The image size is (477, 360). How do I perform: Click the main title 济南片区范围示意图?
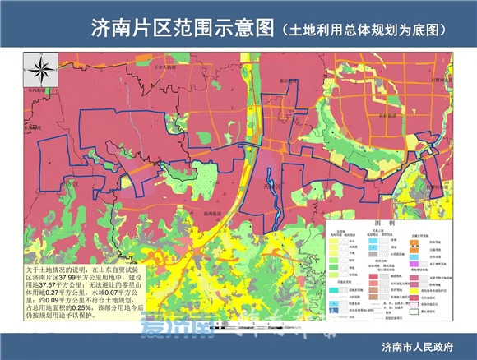click(x=182, y=27)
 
